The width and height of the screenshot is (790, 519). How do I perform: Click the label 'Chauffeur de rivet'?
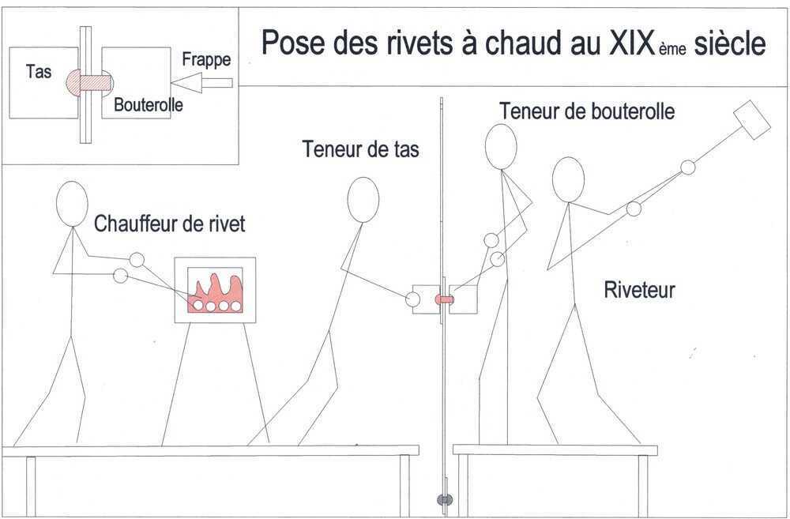tap(170, 224)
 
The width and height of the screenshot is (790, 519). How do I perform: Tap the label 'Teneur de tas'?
tap(361, 149)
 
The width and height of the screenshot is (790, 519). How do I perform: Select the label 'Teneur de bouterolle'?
tap(587, 111)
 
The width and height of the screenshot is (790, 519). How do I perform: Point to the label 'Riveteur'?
tap(639, 290)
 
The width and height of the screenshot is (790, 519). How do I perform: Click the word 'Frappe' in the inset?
tap(206, 60)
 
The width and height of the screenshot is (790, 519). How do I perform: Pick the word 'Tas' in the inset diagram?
tap(39, 72)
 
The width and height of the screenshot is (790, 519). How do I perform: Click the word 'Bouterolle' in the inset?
tap(149, 105)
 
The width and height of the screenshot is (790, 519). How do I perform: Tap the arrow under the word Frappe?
tap(201, 83)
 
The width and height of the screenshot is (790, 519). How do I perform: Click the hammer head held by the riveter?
tap(751, 119)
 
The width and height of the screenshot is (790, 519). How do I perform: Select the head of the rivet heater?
tap(72, 204)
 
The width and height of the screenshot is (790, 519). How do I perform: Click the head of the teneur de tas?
tap(363, 200)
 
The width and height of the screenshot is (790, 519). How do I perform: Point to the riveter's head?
tap(568, 180)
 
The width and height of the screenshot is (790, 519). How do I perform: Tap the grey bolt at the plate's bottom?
tap(444, 499)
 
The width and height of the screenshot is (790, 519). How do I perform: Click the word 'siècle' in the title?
tap(729, 43)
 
